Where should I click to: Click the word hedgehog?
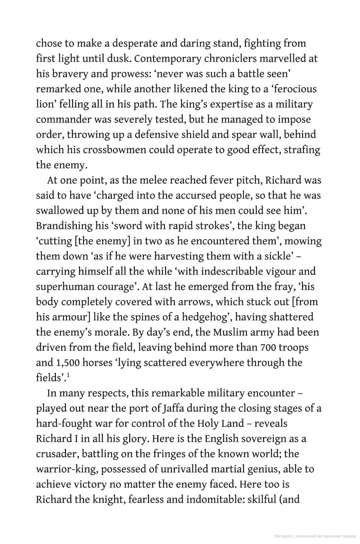click(x=205, y=317)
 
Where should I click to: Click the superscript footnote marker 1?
click(x=68, y=376)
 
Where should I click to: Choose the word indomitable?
click(x=215, y=499)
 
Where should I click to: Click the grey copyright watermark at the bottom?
click(x=314, y=536)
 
